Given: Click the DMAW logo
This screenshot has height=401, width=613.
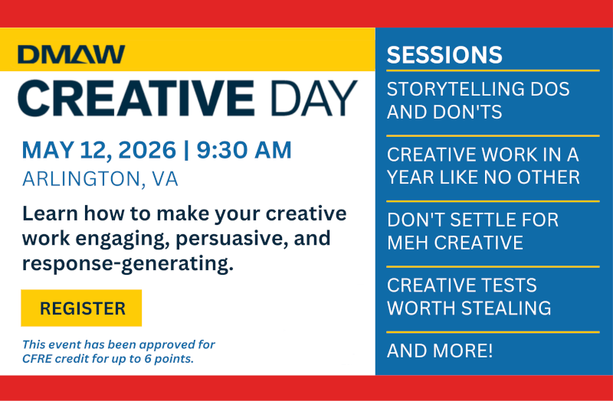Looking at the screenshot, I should (x=71, y=54).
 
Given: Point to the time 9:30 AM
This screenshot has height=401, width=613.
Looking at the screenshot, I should (x=244, y=150).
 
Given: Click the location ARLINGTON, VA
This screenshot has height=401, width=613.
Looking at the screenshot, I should (x=100, y=179).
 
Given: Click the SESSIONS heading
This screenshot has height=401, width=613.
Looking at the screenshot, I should (x=444, y=55).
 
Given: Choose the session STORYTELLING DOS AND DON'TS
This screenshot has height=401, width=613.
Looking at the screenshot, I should (x=478, y=100).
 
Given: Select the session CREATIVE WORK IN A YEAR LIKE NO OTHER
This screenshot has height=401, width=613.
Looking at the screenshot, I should (x=483, y=166).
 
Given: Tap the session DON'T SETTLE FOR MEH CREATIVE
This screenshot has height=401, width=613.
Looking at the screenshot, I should (x=473, y=231).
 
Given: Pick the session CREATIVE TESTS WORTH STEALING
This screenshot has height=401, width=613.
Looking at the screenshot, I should (x=469, y=297).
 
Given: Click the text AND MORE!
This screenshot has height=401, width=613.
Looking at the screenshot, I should (x=440, y=352).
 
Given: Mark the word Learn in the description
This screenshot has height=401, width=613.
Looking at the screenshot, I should (x=48, y=214).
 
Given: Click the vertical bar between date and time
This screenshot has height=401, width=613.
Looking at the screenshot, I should (x=185, y=150).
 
